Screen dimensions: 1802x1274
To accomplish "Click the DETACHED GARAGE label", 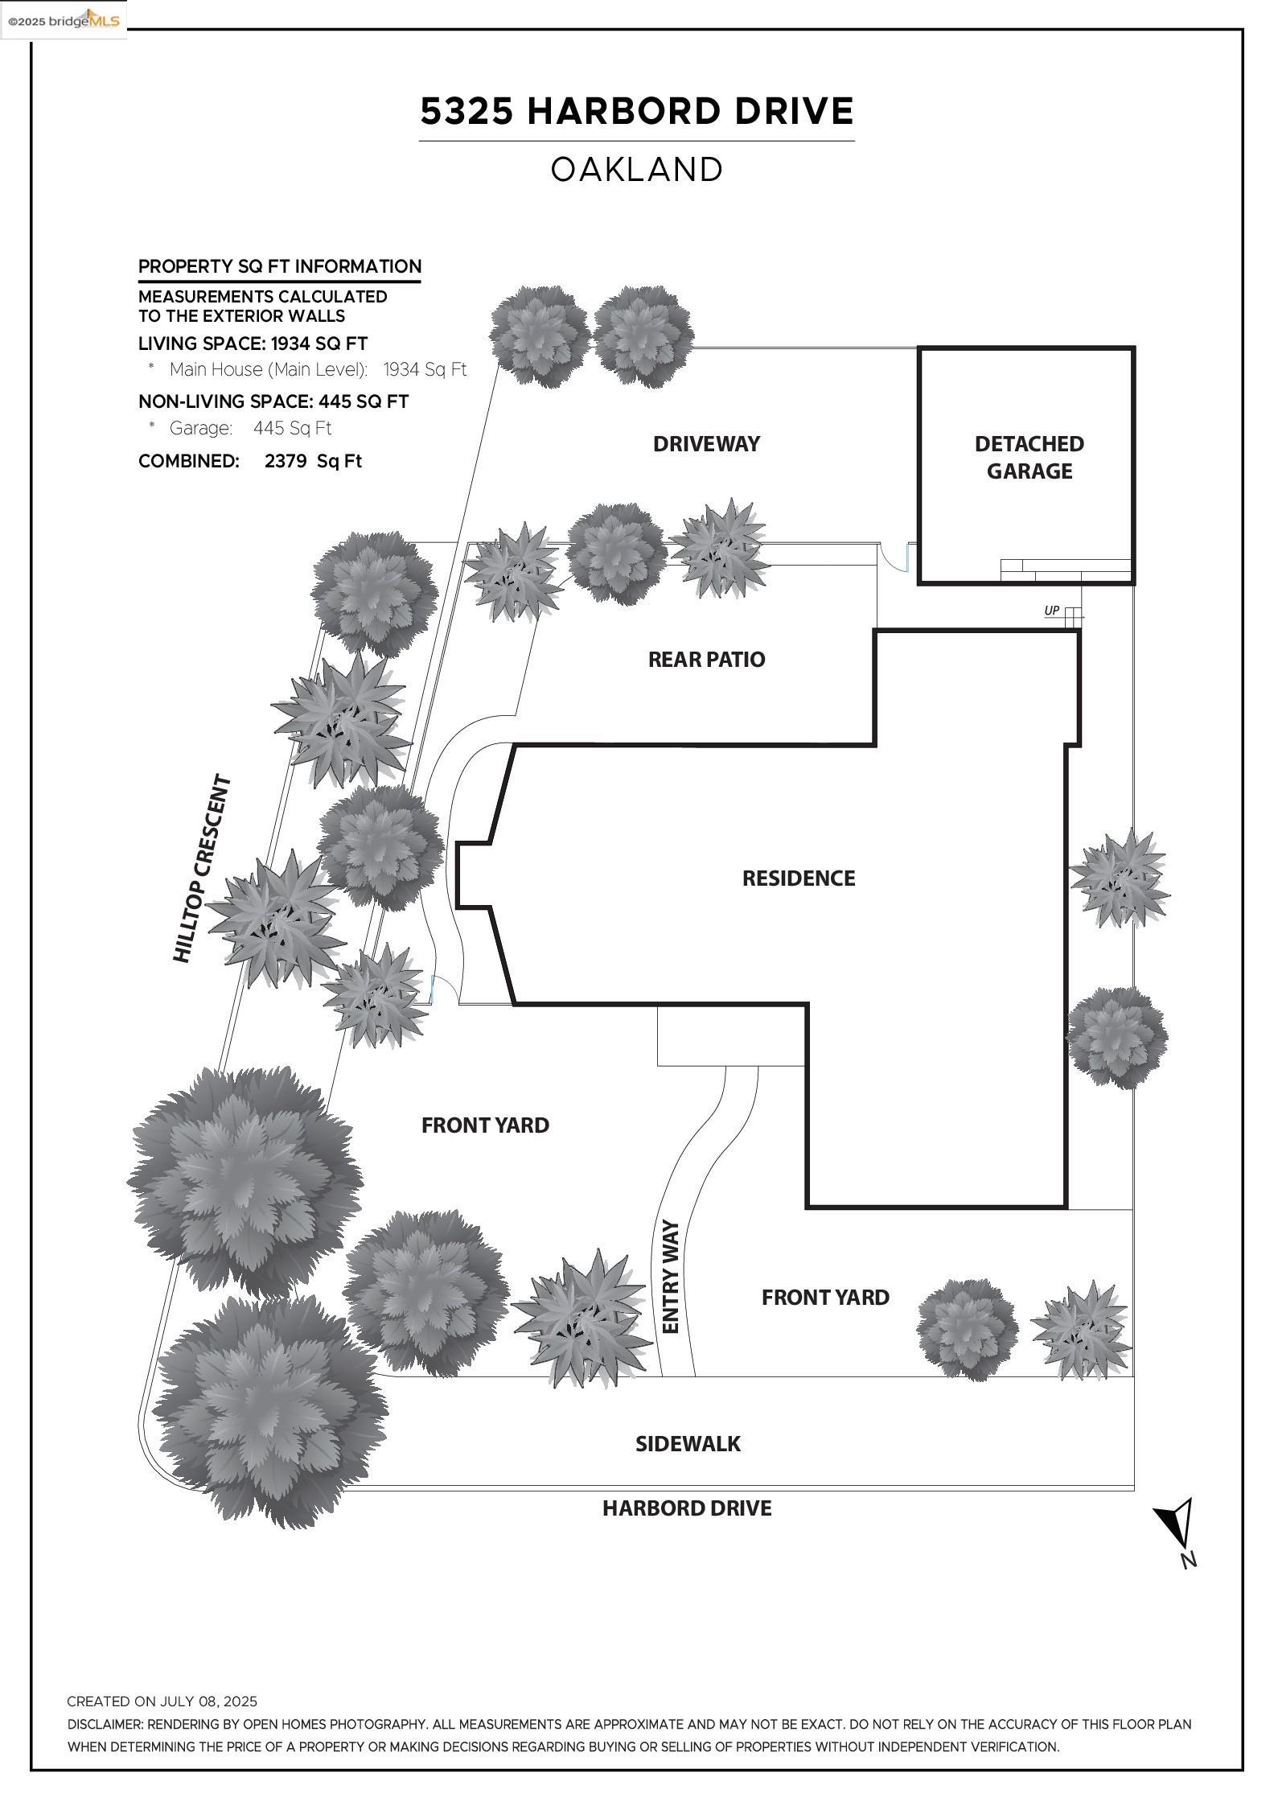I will [x=1029, y=457].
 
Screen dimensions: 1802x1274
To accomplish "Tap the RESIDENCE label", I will [x=798, y=878].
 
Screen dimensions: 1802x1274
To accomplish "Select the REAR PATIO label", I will [x=706, y=659].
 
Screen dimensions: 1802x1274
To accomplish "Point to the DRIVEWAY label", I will [x=706, y=443].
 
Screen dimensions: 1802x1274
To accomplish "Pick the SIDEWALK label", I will [x=688, y=1443].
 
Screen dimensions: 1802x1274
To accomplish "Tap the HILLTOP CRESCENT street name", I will [x=202, y=869].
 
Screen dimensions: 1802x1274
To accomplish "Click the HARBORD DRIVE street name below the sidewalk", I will [x=687, y=1508].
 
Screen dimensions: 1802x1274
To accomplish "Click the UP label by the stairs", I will [x=1051, y=611].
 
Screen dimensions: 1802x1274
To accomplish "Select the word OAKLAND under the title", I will [x=636, y=170].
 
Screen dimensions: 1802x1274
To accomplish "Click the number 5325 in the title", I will [x=466, y=111].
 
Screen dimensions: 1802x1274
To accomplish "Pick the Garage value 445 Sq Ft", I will [x=292, y=428].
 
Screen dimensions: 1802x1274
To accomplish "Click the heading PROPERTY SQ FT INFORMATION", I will [x=280, y=266].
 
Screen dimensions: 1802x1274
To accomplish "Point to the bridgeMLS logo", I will [x=63, y=20].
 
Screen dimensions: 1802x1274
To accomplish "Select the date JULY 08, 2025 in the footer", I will [x=208, y=1701].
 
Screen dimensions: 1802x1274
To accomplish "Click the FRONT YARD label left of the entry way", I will [x=485, y=1125].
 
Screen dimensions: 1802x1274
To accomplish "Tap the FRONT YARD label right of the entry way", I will [x=825, y=1297].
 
